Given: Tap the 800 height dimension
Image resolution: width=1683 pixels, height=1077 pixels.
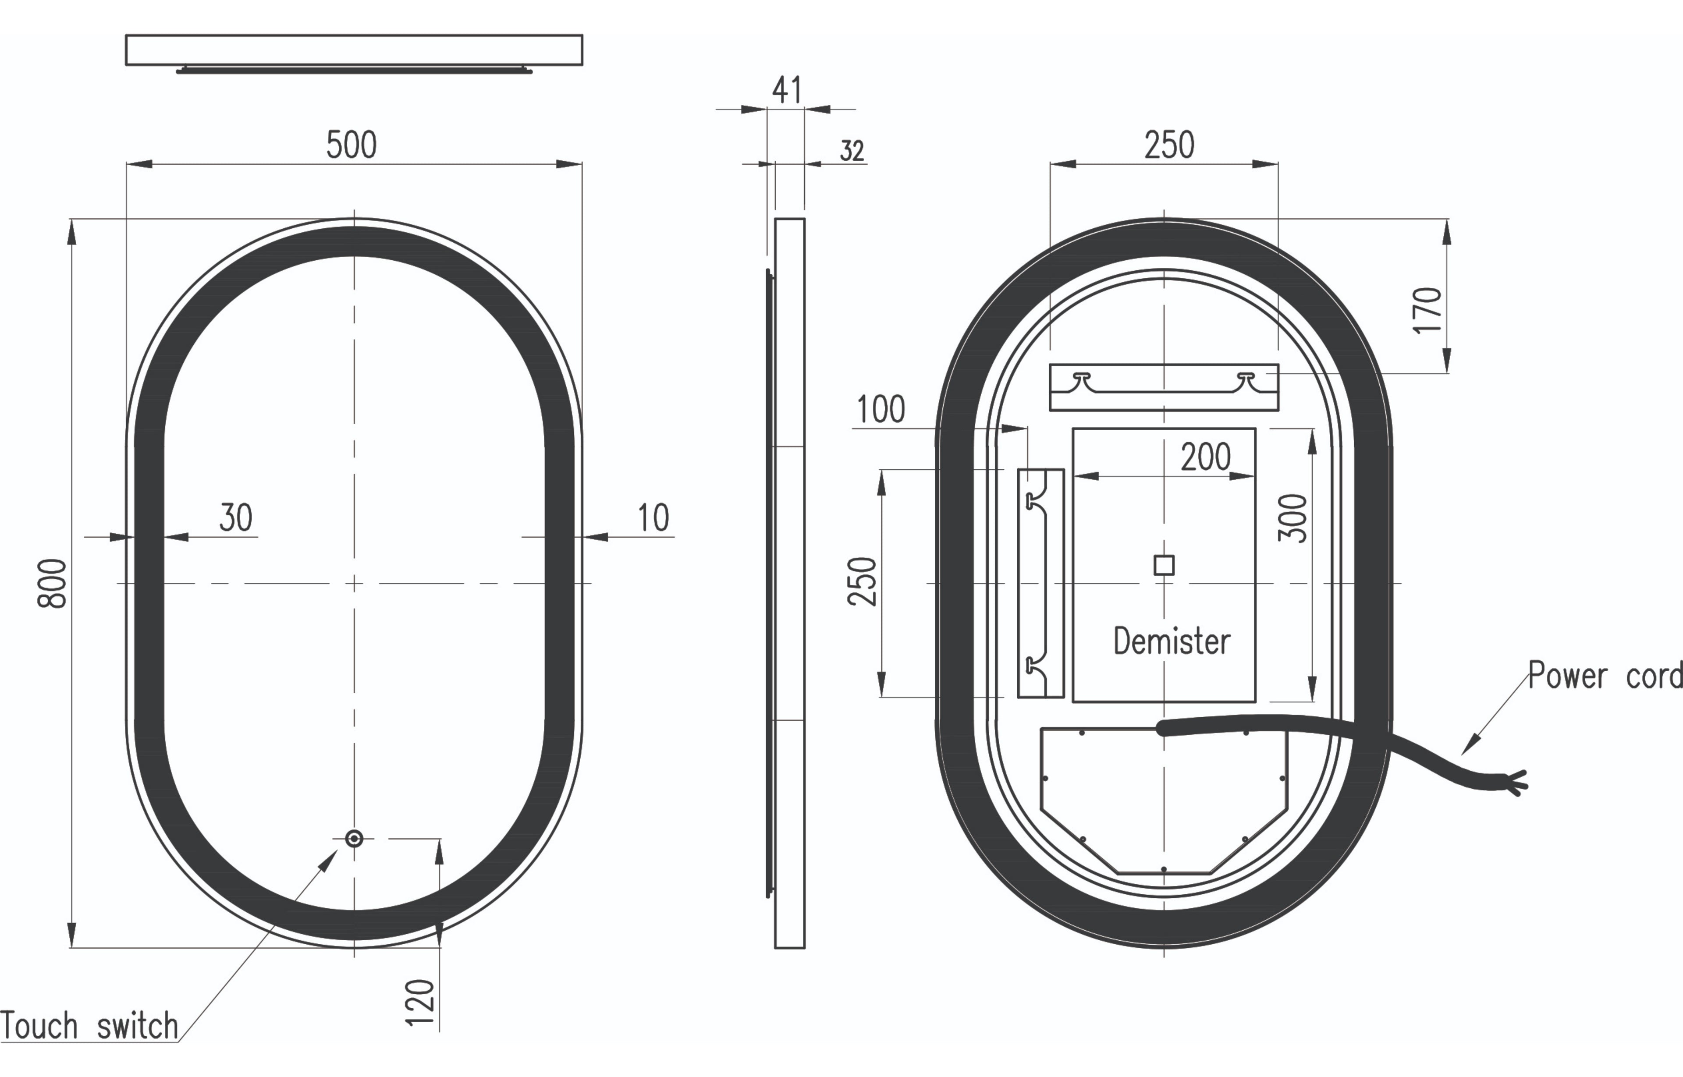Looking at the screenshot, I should (53, 583).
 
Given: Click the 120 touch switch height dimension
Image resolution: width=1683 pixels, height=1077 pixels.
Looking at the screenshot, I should (420, 1003).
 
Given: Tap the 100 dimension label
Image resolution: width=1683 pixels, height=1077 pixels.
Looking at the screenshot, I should (881, 410).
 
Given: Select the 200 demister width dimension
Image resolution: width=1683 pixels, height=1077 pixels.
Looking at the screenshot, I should (1205, 457).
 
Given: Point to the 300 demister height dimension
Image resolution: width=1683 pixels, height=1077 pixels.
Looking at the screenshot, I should (1292, 518).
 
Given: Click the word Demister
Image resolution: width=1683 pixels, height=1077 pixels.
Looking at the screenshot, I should (1172, 641).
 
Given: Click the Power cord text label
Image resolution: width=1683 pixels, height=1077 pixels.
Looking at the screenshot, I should (1605, 676).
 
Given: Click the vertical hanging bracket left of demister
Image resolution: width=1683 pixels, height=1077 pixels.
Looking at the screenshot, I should (1040, 583).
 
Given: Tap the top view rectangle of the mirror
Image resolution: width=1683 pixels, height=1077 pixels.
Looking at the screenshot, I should (354, 50).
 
